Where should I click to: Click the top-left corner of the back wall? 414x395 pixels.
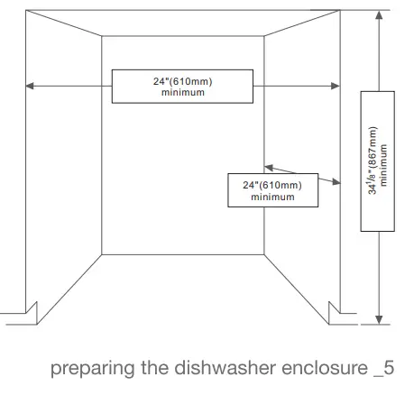point(102,38)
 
